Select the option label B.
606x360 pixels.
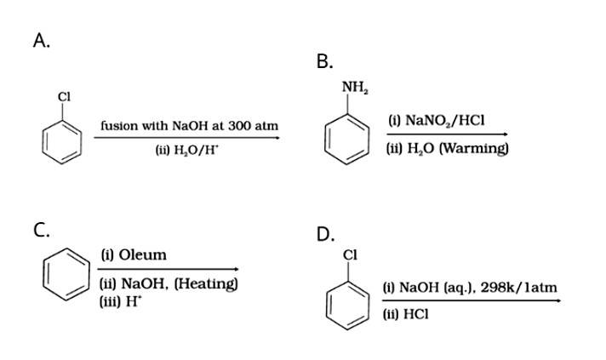(x=324, y=61)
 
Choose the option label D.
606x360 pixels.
(x=325, y=235)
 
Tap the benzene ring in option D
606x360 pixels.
(x=349, y=300)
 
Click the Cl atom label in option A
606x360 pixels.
(x=63, y=95)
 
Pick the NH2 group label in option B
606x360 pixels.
(x=353, y=88)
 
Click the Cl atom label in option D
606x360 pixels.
(x=349, y=254)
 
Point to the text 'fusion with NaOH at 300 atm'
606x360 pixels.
(x=189, y=125)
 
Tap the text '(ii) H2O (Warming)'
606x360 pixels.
(x=447, y=148)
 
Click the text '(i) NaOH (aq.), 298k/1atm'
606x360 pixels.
(x=471, y=288)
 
